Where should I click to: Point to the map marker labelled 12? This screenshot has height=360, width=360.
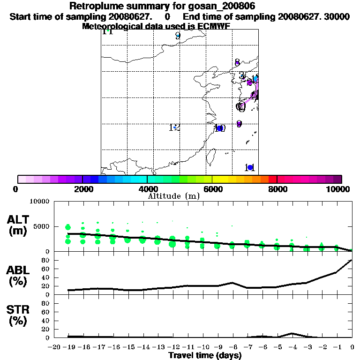pos(174,127)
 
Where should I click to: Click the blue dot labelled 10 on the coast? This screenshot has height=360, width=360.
pos(219,128)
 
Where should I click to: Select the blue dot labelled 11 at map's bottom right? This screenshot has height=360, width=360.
pos(250,167)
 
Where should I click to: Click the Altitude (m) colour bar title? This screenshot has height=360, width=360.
pos(174,196)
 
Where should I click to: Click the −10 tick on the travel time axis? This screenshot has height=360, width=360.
pos(202,347)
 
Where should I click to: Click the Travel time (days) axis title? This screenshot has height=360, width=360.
pos(205,355)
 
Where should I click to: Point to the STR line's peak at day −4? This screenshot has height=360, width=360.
pos(292,333)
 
